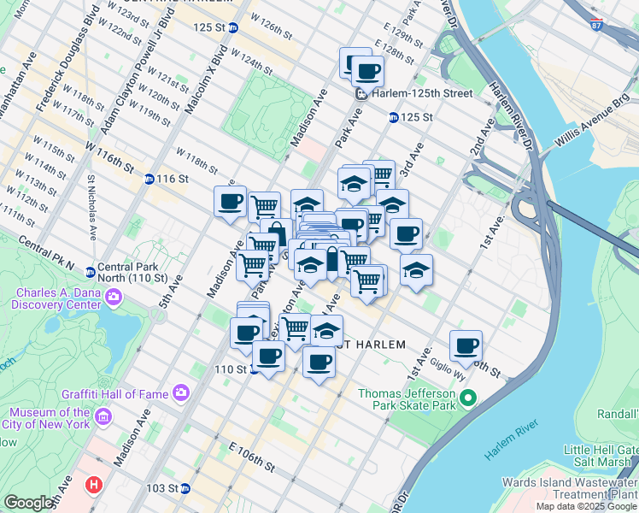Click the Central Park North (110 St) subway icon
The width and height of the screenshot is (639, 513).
(90, 273)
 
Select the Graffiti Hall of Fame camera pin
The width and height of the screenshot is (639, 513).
(180, 392)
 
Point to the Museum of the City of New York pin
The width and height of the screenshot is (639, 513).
(103, 416)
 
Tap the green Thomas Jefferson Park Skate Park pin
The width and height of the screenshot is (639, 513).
(467, 398)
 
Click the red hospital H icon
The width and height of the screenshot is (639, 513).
(93, 485)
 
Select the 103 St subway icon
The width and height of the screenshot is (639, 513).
(185, 488)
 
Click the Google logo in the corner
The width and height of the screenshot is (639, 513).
(28, 504)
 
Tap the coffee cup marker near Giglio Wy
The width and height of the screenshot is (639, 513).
(466, 345)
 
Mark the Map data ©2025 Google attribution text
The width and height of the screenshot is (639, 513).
(586, 506)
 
